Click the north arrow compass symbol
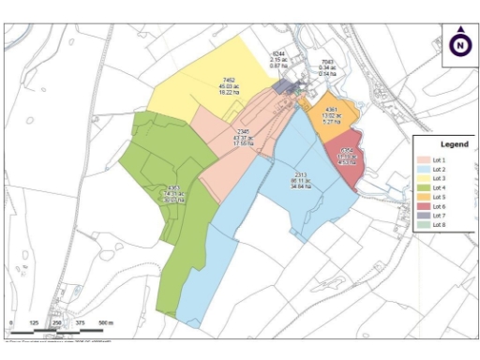(459, 43)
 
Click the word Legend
(454, 144)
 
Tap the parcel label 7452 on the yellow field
(229, 81)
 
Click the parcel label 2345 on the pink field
(243, 131)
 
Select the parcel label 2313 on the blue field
(301, 175)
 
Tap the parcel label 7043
(327, 61)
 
